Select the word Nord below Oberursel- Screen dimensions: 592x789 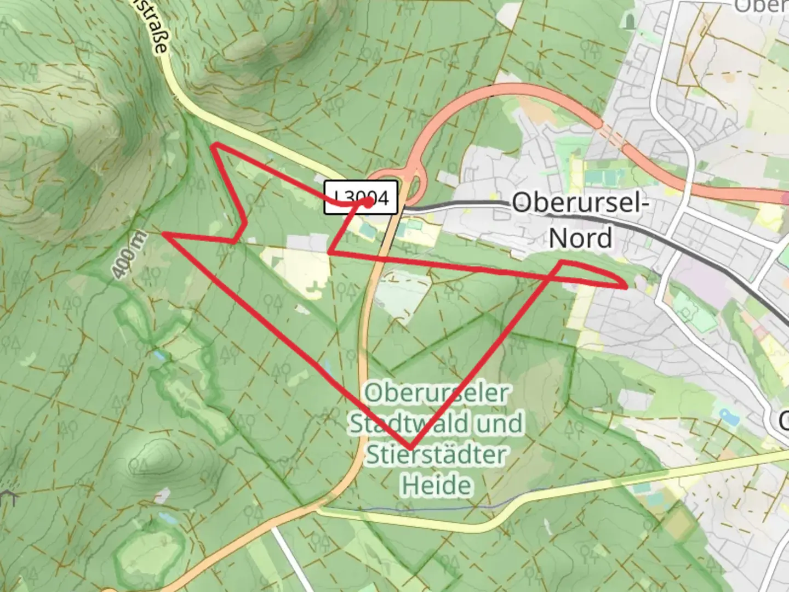tap(581, 238)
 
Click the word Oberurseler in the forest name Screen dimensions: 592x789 tap(437, 393)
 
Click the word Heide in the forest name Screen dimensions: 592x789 tap(437, 486)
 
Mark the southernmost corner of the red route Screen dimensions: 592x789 tap(410, 448)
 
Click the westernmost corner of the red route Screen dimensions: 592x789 tap(164, 235)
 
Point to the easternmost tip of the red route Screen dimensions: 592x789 tap(626, 286)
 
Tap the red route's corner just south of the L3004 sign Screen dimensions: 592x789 tap(329, 252)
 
